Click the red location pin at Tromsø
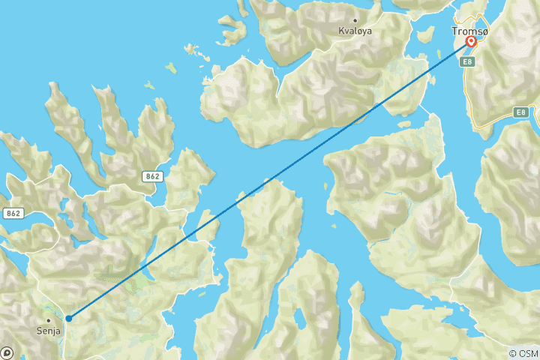(x=471, y=43)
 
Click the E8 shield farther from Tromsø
(x=522, y=112)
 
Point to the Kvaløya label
(x=355, y=31)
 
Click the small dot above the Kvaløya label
(x=355, y=20)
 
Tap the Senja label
(x=49, y=329)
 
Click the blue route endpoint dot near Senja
(x=68, y=318)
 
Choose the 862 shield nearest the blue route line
(x=153, y=175)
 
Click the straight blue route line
(x=270, y=179)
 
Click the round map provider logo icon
(x=7, y=352)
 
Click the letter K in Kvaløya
(x=341, y=31)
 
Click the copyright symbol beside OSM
(x=513, y=352)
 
